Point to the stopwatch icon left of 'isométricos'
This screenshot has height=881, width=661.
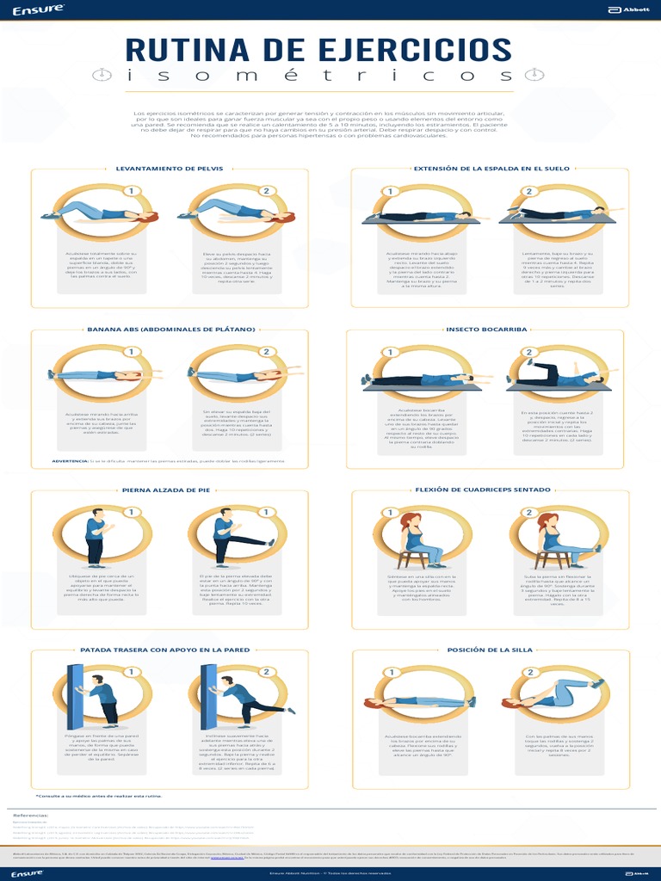point(102,76)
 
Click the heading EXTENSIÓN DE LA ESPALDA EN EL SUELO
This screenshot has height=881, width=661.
point(491,169)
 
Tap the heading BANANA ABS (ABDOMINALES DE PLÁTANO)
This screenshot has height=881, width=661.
point(171,329)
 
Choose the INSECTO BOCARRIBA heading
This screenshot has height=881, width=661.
point(486,329)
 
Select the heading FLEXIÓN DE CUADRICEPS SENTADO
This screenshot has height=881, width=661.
point(483,490)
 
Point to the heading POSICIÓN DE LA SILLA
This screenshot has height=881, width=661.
point(485,650)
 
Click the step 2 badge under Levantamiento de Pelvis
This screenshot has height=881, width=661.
point(267,191)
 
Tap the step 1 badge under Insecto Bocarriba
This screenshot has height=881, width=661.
point(390,352)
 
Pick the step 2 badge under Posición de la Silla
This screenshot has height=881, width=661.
point(530,672)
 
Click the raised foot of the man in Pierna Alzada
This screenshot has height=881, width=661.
point(271,542)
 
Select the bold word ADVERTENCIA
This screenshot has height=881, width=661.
point(71,461)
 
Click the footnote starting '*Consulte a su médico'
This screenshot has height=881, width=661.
point(99,796)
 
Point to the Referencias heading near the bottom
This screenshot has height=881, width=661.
point(30,814)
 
